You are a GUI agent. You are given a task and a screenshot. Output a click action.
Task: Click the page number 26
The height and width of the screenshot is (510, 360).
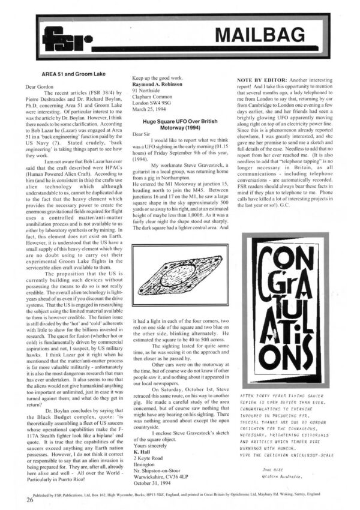[x=29, y=499]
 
